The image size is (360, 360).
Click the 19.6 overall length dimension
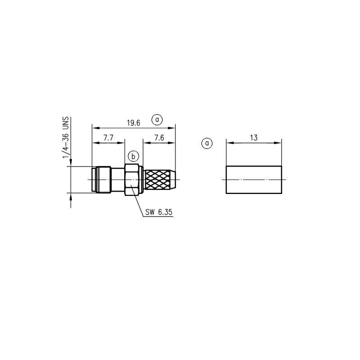point(134,123)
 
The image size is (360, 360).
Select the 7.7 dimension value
point(108,138)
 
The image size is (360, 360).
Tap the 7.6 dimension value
point(159,138)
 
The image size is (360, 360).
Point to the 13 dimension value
point(254,138)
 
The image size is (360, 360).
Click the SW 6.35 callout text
point(159,212)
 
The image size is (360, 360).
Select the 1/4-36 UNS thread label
point(66,138)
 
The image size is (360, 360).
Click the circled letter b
point(133,157)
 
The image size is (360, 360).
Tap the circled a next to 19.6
point(157,120)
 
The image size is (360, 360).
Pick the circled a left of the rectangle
point(207,143)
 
